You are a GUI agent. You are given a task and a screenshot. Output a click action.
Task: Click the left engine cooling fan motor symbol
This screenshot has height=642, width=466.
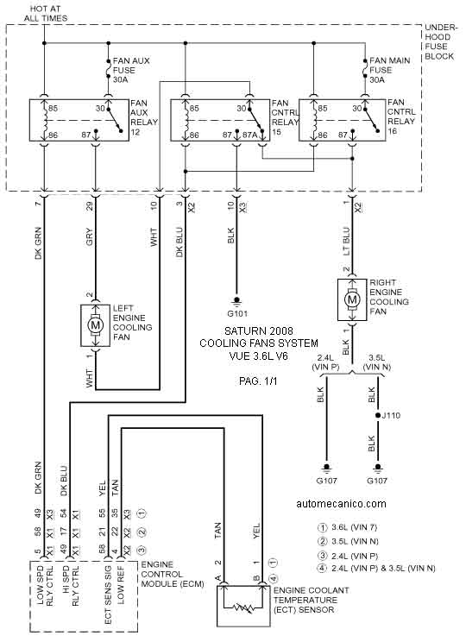pyautogui.click(x=95, y=326)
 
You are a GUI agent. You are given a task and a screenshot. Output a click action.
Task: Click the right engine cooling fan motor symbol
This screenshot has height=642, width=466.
pyautogui.click(x=352, y=299)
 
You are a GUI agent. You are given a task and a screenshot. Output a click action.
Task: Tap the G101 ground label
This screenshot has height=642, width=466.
pyautogui.click(x=237, y=314)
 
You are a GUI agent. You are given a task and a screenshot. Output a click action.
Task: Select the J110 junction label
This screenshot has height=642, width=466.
pyautogui.click(x=391, y=416)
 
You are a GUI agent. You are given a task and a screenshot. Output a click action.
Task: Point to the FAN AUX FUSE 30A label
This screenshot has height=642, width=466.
pyautogui.click(x=131, y=70)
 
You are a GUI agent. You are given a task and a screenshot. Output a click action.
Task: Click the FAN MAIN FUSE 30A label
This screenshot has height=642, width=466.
pyautogui.click(x=389, y=70)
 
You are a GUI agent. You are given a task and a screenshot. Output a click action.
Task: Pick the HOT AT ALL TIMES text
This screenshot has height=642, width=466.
pyautogui.click(x=46, y=14)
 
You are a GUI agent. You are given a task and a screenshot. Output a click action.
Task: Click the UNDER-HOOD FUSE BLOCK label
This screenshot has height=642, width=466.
pyautogui.click(x=440, y=41)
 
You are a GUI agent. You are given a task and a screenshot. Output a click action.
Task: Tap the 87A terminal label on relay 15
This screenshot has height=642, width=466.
pyautogui.click(x=249, y=135)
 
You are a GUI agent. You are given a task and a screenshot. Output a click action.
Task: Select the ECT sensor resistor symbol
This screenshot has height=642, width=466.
pyautogui.click(x=242, y=607)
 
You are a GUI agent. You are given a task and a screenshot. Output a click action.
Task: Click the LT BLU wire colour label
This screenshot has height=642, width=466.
pyautogui.click(x=346, y=242)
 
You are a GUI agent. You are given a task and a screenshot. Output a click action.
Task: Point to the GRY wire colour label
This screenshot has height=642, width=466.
pyautogui.click(x=89, y=236)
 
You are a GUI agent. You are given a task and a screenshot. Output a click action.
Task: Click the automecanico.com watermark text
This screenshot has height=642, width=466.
pyautogui.click(x=341, y=504)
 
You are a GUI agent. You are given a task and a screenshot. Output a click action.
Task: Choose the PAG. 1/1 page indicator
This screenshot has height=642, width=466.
pyautogui.click(x=258, y=381)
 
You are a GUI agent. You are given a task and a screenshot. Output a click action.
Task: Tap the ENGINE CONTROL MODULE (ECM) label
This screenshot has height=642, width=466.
pyautogui.click(x=173, y=574)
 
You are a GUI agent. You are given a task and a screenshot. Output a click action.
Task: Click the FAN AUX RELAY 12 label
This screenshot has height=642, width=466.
pyautogui.click(x=144, y=117)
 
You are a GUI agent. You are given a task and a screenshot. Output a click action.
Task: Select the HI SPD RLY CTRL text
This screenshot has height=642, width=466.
pyautogui.click(x=70, y=586)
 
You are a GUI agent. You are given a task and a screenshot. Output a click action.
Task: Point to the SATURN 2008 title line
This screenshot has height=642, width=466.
pyautogui.click(x=259, y=330)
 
